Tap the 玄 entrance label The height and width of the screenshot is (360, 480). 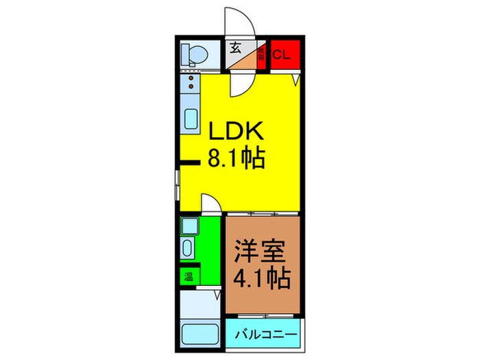235,48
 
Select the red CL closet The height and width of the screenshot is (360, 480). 282,56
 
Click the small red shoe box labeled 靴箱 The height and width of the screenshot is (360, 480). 261,55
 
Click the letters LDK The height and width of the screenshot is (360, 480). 237,132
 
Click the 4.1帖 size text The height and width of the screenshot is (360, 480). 261,278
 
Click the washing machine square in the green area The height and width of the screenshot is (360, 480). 189,226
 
